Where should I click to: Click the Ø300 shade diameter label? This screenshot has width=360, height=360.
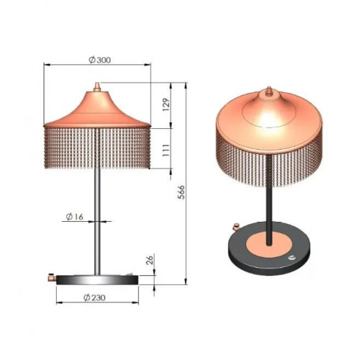click(x=100, y=60)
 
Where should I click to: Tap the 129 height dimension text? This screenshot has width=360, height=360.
click(x=166, y=104)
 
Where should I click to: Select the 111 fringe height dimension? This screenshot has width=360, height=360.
click(x=166, y=150)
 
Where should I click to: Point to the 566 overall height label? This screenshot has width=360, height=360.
click(x=181, y=192)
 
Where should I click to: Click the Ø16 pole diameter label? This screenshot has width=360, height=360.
click(x=75, y=217)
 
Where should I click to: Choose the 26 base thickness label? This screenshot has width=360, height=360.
click(x=150, y=260)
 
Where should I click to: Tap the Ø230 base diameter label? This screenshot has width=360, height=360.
click(x=94, y=297)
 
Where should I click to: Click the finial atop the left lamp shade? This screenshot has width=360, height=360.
click(x=97, y=87)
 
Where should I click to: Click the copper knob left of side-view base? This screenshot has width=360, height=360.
click(x=52, y=277)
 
